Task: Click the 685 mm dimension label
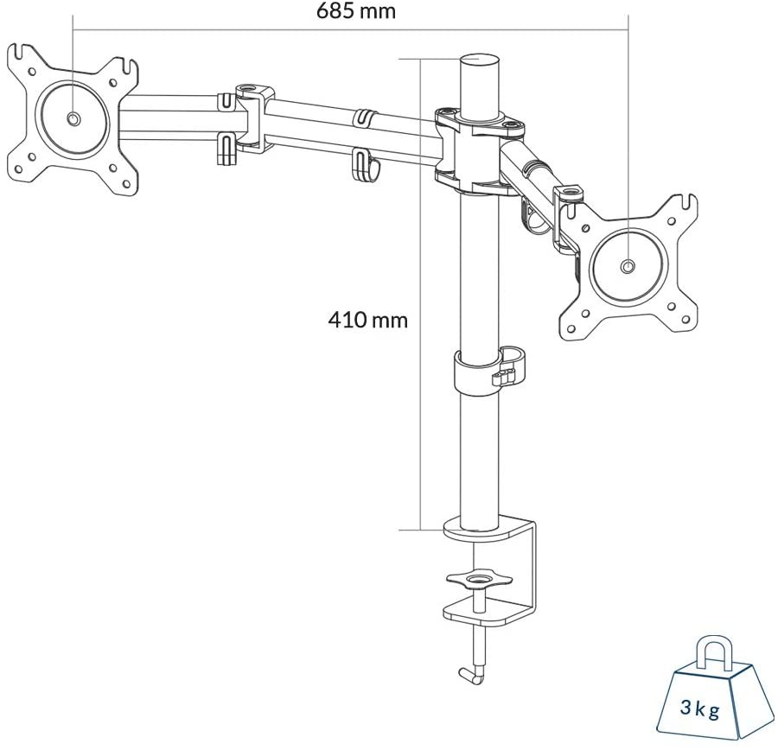click(356, 12)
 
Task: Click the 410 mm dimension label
click(367, 320)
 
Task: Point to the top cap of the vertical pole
click(481, 62)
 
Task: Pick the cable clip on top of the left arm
click(364, 115)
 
